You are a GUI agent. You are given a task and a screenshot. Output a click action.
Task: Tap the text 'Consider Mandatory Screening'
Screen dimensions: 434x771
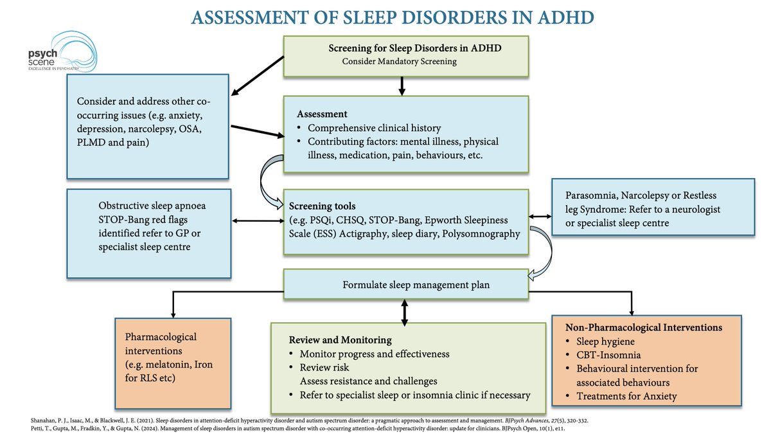point(399,61)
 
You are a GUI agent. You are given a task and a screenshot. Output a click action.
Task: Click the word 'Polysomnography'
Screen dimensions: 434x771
point(479,233)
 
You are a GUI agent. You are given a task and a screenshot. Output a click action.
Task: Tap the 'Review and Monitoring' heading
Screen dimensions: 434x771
point(340,339)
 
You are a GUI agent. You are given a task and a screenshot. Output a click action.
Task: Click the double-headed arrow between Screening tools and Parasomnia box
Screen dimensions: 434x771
point(540,217)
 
